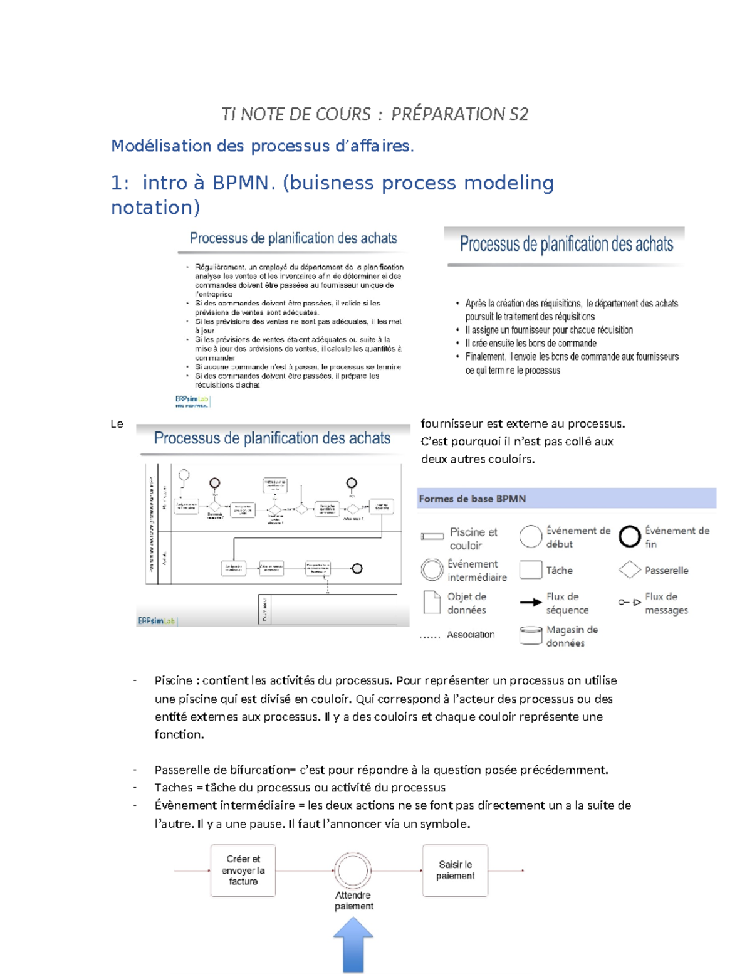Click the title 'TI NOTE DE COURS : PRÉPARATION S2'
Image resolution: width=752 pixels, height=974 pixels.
pyautogui.click(x=375, y=114)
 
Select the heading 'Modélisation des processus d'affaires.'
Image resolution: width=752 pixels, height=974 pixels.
pyautogui.click(x=262, y=146)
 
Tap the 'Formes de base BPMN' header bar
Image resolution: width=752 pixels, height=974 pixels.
pyautogui.click(x=566, y=499)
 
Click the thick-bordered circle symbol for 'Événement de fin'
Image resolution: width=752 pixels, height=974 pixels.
pyautogui.click(x=629, y=537)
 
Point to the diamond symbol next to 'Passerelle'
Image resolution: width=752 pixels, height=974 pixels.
pyautogui.click(x=629, y=569)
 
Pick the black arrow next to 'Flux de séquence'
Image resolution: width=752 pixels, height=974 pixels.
pyautogui.click(x=530, y=603)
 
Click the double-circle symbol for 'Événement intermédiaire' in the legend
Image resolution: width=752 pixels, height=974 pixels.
pyautogui.click(x=432, y=569)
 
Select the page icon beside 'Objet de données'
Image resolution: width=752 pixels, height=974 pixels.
pyautogui.click(x=432, y=603)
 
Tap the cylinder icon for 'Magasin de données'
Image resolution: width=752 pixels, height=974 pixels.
pyautogui.click(x=531, y=635)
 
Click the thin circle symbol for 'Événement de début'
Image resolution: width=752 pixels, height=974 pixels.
pyautogui.click(x=531, y=537)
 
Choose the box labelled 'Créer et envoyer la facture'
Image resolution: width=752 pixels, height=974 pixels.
pyautogui.click(x=243, y=870)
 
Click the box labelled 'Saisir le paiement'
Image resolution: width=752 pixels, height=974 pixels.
pyautogui.click(x=455, y=870)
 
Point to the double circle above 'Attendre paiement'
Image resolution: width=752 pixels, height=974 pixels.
pyautogui.click(x=352, y=870)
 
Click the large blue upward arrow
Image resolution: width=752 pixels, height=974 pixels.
pyautogui.click(x=353, y=944)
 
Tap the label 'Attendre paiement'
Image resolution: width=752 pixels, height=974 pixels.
pyautogui.click(x=353, y=901)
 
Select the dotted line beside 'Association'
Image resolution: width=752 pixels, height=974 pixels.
pyautogui.click(x=430, y=636)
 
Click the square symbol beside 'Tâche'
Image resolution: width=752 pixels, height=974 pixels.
pyautogui.click(x=531, y=569)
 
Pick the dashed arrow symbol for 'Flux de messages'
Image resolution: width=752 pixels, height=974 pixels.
pyautogui.click(x=629, y=602)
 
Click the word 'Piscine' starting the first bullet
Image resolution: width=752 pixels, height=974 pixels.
pyautogui.click(x=173, y=680)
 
